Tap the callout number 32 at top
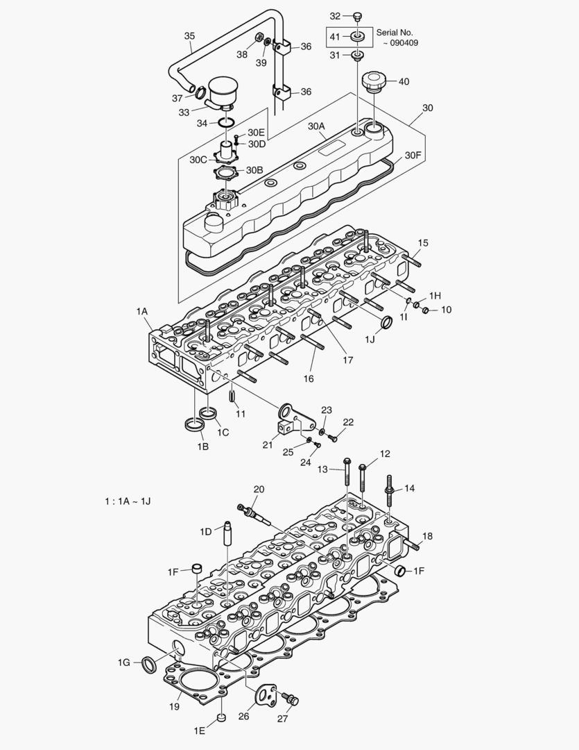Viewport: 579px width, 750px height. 335,15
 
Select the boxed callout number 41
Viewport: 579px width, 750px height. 335,35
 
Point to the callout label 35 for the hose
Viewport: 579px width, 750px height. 189,36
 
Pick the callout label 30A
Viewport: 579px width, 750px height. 316,126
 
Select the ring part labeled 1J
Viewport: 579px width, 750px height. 387,322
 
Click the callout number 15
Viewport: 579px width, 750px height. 423,242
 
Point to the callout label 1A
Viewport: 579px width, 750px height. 142,312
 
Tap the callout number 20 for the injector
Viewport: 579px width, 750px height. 259,489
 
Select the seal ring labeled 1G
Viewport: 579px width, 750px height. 148,664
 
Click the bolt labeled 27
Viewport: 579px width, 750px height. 293,700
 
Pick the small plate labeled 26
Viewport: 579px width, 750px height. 266,694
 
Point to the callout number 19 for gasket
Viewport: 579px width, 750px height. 173,706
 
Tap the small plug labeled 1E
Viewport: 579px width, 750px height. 221,717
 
